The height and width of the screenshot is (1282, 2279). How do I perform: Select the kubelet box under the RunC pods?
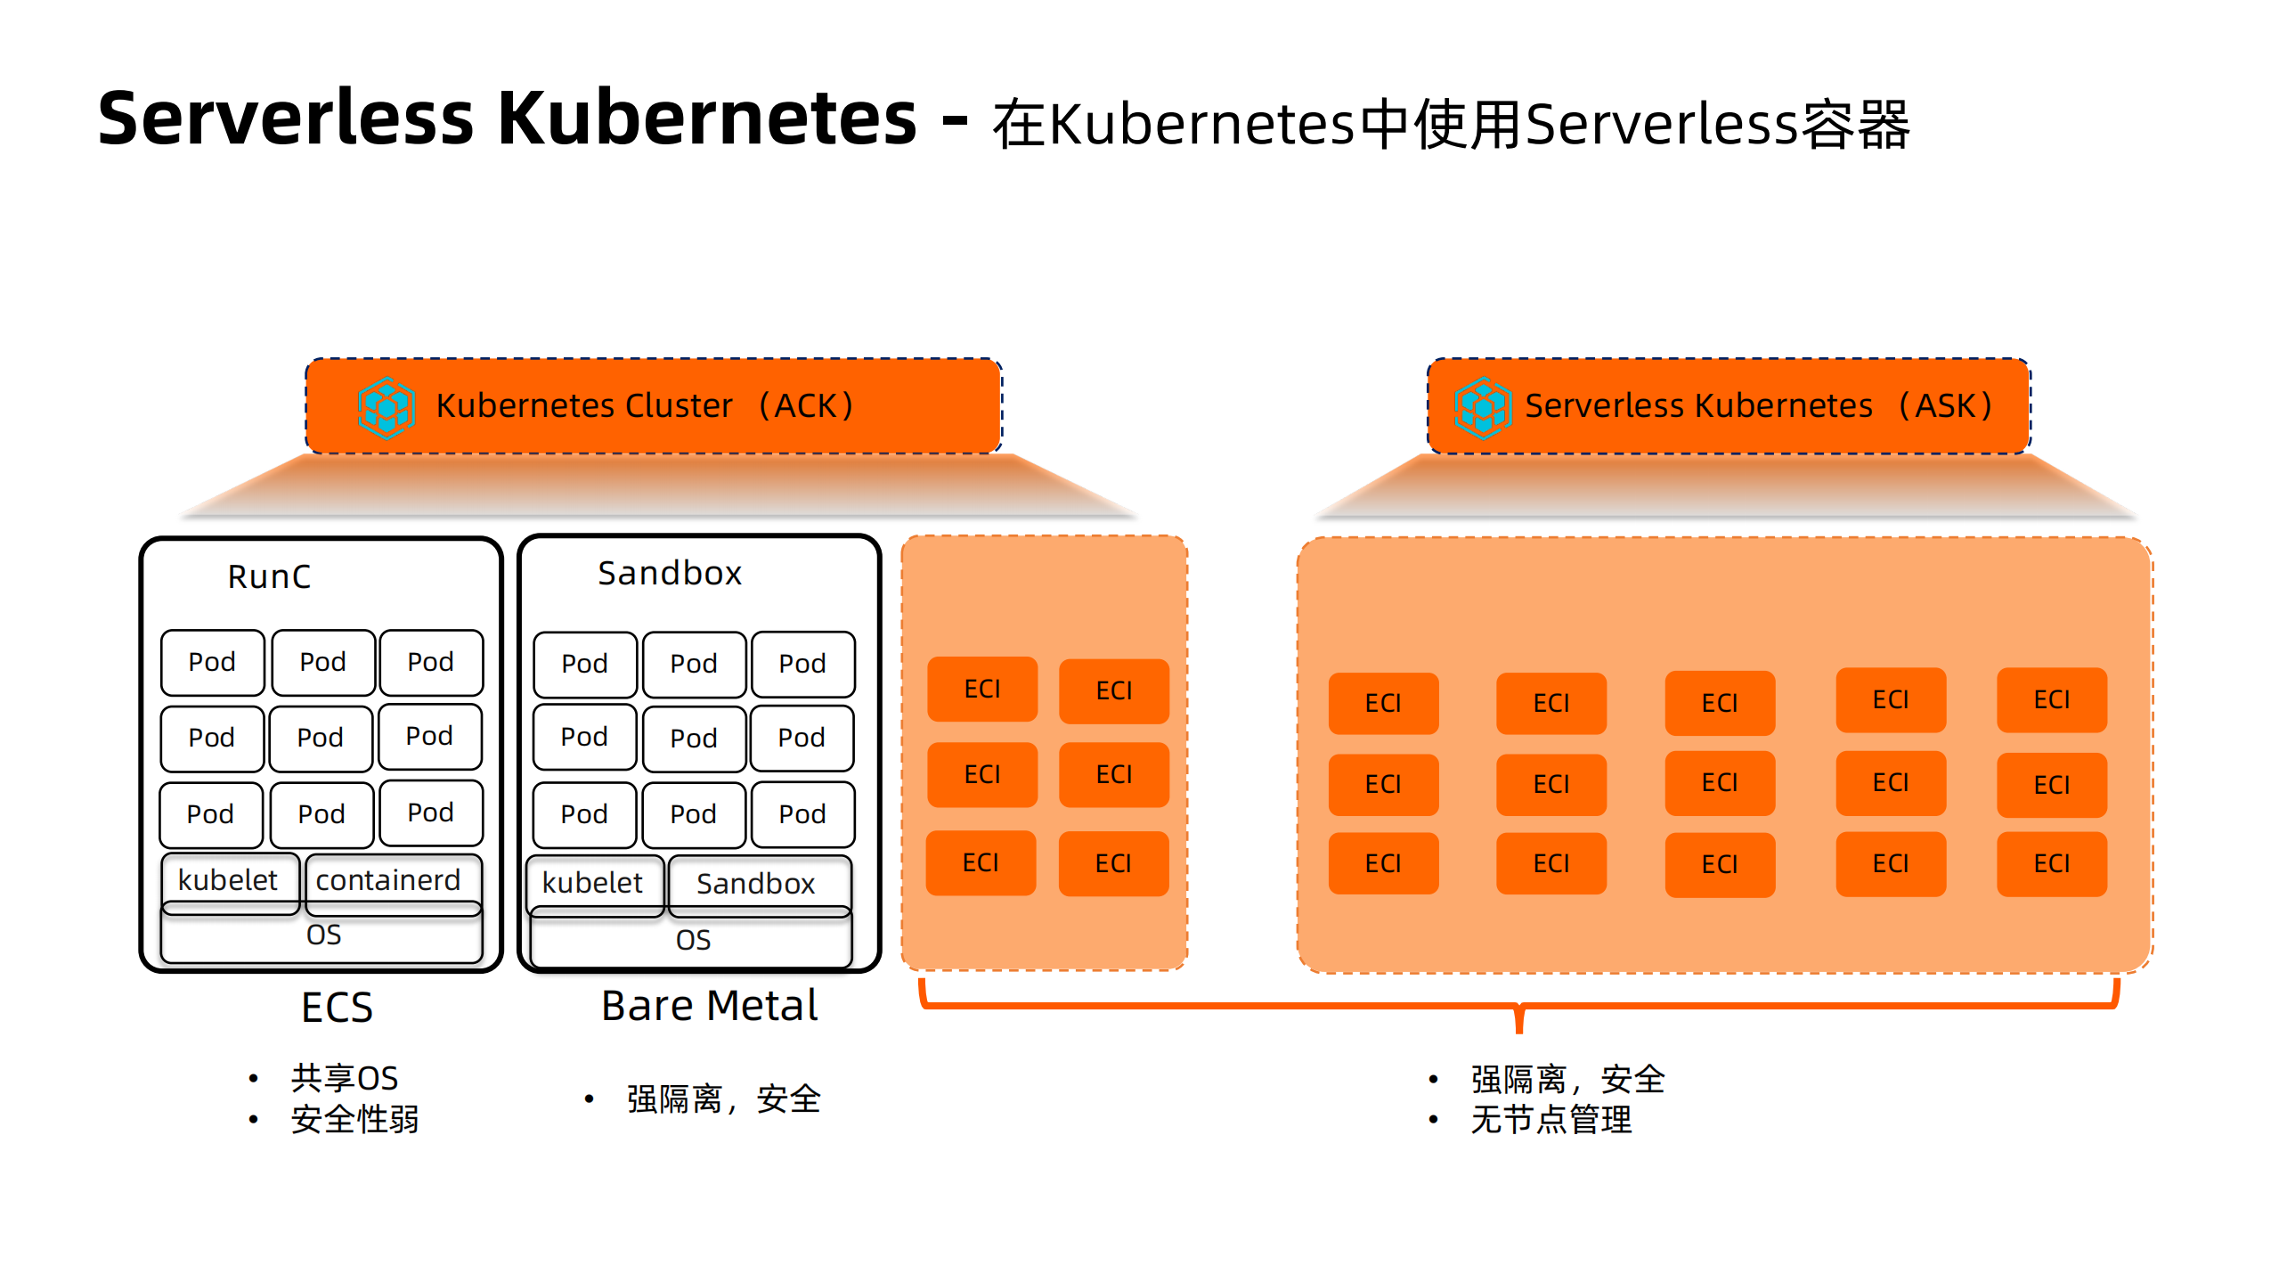pyautogui.click(x=229, y=880)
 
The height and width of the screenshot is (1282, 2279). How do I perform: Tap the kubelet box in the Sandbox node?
pyautogui.click(x=593, y=883)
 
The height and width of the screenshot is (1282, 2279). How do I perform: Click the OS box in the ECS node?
pyautogui.click(x=322, y=935)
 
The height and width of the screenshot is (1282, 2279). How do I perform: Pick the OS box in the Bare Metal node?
pyautogui.click(x=692, y=941)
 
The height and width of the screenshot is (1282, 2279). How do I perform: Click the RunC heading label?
pyautogui.click(x=269, y=576)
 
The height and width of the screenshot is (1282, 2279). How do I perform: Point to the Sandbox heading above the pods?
pyautogui.click(x=669, y=573)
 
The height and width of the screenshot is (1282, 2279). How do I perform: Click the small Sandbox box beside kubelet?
pyautogui.click(x=757, y=884)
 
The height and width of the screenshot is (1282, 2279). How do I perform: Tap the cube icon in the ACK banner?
pyautogui.click(x=387, y=407)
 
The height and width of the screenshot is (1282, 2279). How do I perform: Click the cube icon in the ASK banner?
pyautogui.click(x=1482, y=407)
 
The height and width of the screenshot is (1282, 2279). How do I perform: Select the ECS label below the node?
pyautogui.click(x=337, y=1008)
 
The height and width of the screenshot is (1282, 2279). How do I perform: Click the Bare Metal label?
pyautogui.click(x=709, y=1006)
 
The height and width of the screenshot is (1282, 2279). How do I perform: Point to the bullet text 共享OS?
pyautogui.click(x=344, y=1078)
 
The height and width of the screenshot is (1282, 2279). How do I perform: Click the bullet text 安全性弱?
pyautogui.click(x=354, y=1119)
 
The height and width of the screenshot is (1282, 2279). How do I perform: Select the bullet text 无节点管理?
pyautogui.click(x=1551, y=1120)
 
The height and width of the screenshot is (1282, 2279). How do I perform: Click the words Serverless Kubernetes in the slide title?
pyautogui.click(x=507, y=119)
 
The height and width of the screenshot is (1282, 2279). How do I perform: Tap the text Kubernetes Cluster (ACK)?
pyautogui.click(x=645, y=406)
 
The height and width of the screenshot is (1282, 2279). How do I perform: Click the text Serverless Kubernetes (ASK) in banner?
pyautogui.click(x=1758, y=406)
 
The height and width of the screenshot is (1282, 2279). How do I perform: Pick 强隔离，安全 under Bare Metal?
pyautogui.click(x=723, y=1099)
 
